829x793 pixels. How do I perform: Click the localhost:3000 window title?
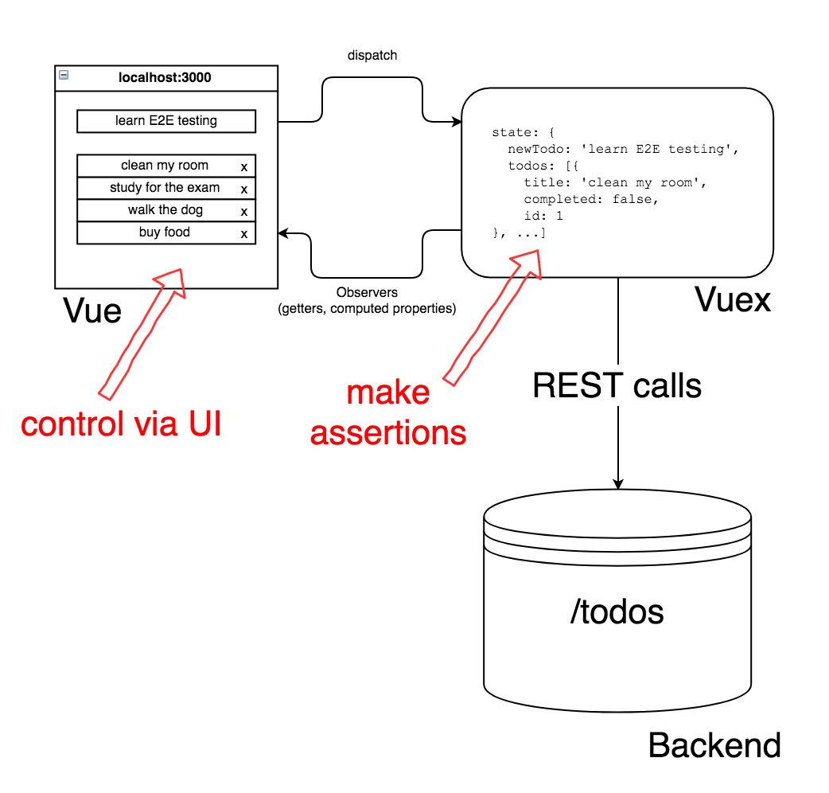165,78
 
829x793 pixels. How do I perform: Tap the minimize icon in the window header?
64,75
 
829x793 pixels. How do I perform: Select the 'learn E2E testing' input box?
166,121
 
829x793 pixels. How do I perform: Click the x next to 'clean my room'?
243,167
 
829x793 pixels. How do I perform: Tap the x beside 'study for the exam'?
243,189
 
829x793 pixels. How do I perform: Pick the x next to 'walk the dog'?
243,212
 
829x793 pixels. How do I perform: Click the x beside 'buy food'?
243,234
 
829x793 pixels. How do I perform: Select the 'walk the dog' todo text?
165,210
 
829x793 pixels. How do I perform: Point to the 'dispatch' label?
372,56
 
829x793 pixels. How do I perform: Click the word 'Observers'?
367,292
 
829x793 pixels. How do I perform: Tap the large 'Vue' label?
92,311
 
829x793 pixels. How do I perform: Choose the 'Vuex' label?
733,299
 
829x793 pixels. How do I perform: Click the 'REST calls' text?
617,385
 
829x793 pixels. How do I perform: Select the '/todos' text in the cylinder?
617,612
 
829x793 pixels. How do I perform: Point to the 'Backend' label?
714,745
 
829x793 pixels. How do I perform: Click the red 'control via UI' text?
121,424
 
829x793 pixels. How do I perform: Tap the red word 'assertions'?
388,433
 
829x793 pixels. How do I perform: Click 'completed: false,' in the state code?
591,199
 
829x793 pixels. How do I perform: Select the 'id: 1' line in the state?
543,216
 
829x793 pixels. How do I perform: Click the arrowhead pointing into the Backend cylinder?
618,484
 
